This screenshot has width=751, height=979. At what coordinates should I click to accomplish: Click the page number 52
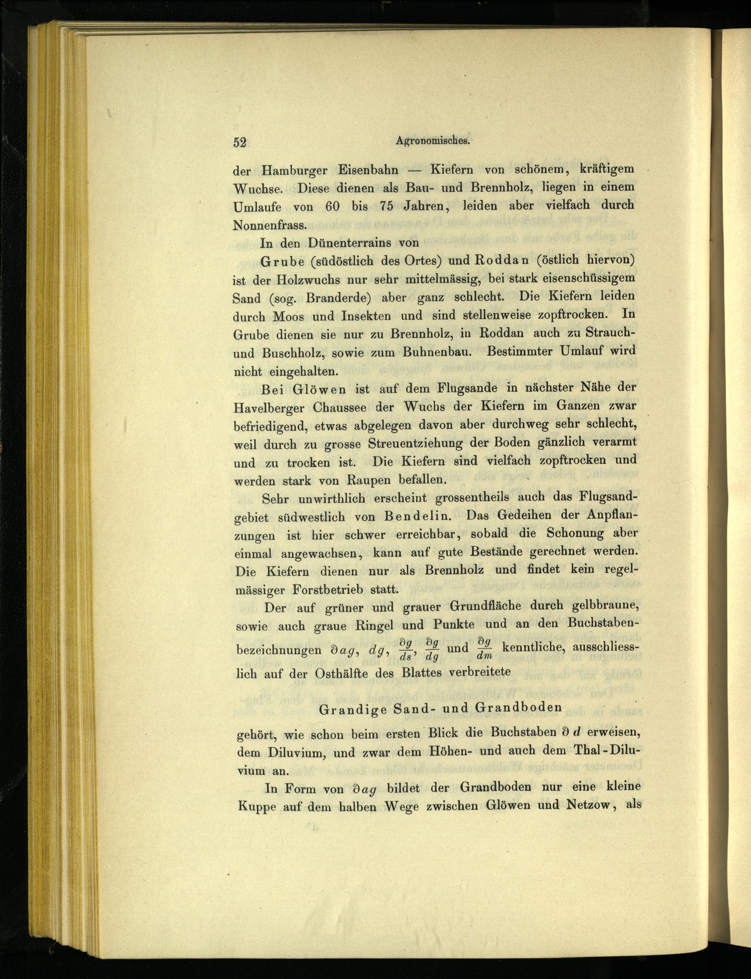coord(240,142)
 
